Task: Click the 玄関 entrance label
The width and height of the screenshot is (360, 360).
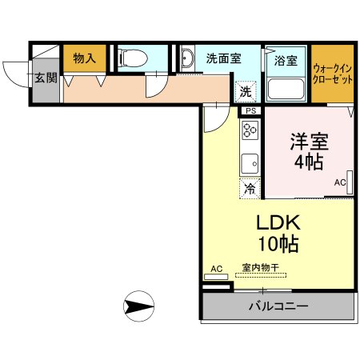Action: coord(46,78)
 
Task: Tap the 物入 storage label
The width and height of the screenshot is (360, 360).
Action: coord(85,58)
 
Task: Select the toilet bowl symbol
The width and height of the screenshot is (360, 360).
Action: coord(133,58)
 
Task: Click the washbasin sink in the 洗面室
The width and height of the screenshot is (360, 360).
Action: coord(187,58)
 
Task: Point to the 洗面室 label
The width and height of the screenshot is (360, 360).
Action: coord(224,58)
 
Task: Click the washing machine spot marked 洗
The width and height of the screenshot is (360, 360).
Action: coord(246,91)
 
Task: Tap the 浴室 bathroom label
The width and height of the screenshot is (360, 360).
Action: coord(286,61)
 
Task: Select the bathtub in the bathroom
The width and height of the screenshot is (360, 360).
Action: coord(286,89)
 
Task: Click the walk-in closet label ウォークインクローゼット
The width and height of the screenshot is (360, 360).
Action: coord(333,74)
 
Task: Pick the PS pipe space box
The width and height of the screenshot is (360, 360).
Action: coord(251,111)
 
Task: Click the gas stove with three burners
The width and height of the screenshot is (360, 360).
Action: coord(250,130)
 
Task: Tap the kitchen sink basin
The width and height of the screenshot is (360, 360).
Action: coord(250,163)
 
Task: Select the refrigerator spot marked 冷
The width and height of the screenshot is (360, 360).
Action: coord(250,189)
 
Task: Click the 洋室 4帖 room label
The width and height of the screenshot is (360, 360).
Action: coord(309,151)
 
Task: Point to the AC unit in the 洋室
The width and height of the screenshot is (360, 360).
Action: coord(350,182)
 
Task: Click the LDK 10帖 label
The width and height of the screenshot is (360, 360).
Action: coord(278,234)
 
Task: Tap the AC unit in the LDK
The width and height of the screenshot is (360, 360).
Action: coord(216,277)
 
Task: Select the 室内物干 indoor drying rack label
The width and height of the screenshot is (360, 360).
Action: coord(261,267)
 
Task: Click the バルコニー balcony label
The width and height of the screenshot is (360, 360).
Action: coord(278,306)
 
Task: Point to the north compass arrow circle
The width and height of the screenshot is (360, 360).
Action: coord(138,306)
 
